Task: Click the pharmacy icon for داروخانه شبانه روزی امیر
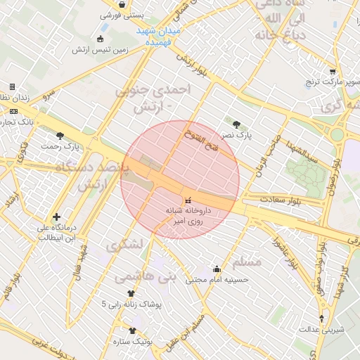(187, 200)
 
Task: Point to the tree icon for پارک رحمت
(60, 136)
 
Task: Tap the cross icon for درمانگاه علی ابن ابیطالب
(57, 217)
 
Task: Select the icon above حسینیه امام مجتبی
(217, 269)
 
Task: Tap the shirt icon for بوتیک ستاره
(132, 330)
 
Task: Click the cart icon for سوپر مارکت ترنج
(332, 72)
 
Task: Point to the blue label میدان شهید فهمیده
(159, 37)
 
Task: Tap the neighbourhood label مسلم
(247, 262)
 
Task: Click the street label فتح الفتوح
(201, 140)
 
